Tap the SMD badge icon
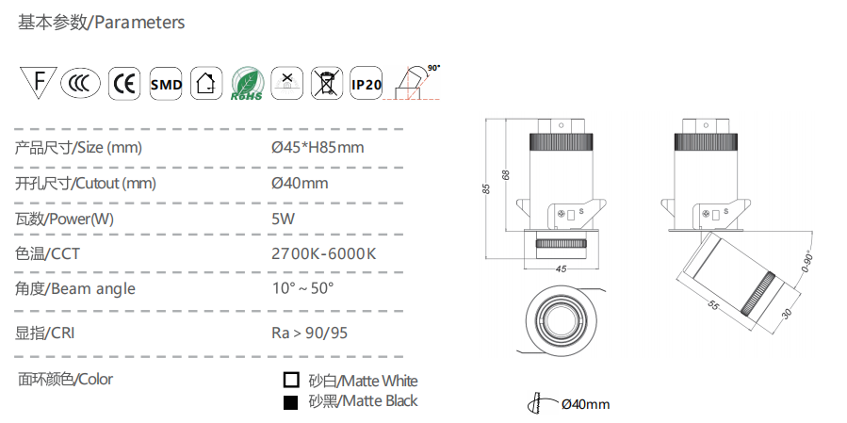pos(166,84)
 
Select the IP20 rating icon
pos(366,84)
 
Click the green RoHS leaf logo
pos(246,84)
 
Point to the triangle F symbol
pos(38,83)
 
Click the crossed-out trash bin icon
pos(326,84)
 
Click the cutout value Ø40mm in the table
pos(299,183)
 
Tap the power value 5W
pos(283,218)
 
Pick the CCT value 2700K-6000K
pos(323,253)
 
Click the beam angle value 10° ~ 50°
pos(302,288)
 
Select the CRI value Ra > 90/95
pos(310,333)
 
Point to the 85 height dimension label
pos(486,187)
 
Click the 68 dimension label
pos(506,175)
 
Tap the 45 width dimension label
pos(562,268)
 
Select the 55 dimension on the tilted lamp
pos(713,306)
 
